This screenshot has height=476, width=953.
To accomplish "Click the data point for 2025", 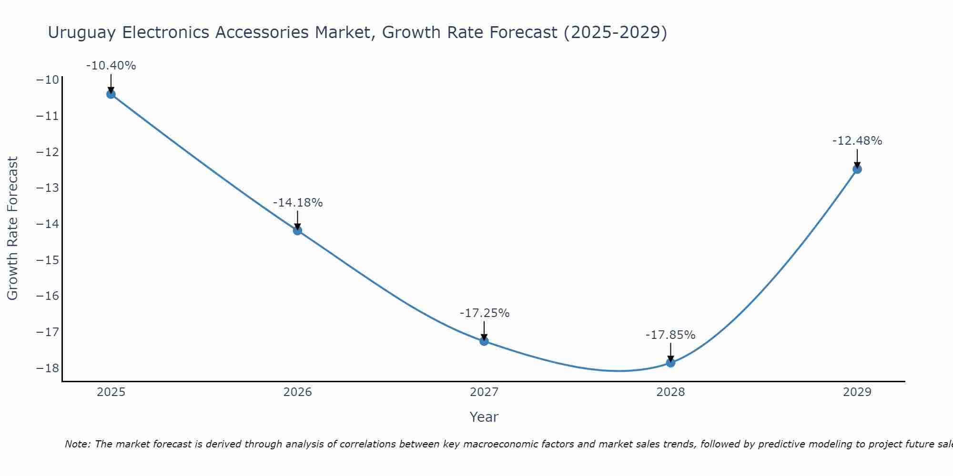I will [x=111, y=94].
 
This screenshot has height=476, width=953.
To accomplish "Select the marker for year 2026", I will [x=297, y=231].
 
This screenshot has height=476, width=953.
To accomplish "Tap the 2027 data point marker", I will [x=484, y=341].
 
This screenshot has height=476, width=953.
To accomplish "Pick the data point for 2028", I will [x=670, y=363].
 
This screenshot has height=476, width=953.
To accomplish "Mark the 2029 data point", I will [x=857, y=169].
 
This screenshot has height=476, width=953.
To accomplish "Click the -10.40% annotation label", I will [x=111, y=66].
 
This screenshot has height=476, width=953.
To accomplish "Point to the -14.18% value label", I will [x=298, y=203].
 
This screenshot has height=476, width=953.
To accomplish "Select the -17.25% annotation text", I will [x=485, y=313].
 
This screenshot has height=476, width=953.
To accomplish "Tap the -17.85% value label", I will [x=670, y=335].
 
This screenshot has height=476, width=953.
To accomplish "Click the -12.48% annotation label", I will [x=857, y=141].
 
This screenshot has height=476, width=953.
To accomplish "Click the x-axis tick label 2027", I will [x=484, y=392].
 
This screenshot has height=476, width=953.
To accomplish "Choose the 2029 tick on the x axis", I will [x=857, y=392].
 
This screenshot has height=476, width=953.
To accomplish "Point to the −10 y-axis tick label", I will [x=48, y=79].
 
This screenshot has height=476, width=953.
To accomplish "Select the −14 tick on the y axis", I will [x=48, y=224].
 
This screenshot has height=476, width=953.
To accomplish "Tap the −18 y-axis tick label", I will [x=48, y=368].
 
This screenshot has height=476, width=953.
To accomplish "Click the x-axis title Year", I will [x=484, y=417].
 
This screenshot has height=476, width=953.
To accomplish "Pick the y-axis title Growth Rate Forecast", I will [x=13, y=228].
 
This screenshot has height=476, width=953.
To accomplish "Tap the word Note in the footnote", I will [x=77, y=444].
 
